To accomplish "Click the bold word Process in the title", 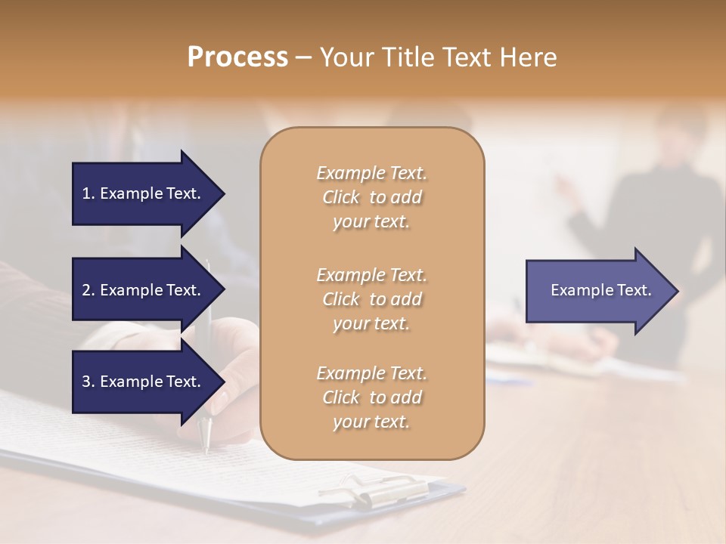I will coord(237,57).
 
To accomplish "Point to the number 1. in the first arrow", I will coord(88,193).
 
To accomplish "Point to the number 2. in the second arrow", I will coord(88,290).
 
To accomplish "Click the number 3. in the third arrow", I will coord(88,382).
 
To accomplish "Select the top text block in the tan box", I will coord(371,197).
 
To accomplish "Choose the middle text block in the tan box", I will coord(371,298).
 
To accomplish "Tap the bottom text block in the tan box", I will coord(371,397).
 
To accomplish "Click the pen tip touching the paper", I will coord(206,450).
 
